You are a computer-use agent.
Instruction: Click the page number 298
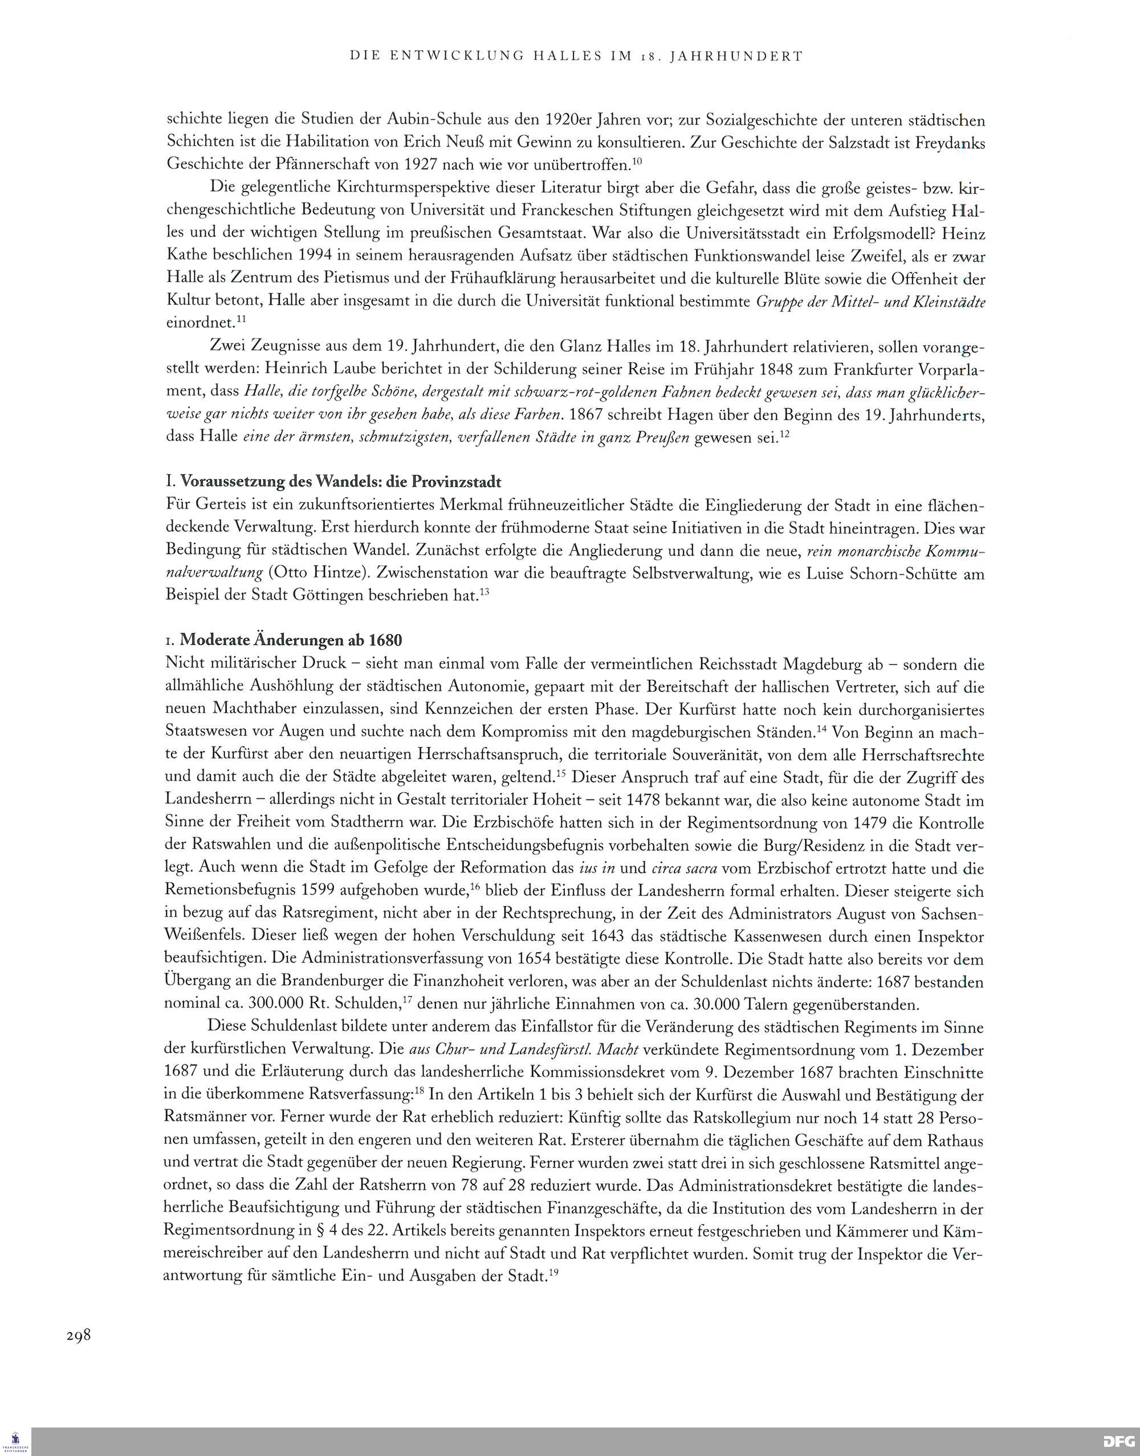point(78,1335)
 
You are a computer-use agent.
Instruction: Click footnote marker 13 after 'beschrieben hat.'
point(484,591)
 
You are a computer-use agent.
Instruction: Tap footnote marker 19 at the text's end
point(553,1271)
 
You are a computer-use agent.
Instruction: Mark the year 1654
point(538,959)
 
